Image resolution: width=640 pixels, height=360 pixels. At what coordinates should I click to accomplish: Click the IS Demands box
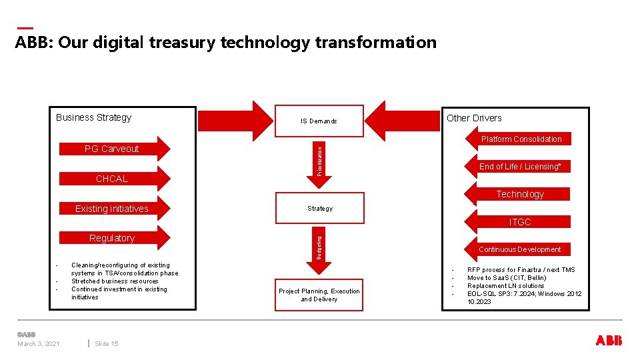pos(319,121)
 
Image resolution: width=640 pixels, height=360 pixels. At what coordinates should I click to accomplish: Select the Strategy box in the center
pos(320,208)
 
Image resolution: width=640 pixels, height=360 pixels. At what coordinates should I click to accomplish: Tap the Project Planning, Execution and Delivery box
pos(319,295)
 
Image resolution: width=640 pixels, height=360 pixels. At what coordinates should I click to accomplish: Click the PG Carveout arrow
pos(112,149)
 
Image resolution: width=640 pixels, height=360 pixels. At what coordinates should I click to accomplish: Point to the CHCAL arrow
pos(112,179)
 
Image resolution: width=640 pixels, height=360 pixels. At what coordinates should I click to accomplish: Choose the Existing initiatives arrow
pos(112,209)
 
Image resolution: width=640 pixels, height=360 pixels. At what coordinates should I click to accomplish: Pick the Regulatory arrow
pos(112,238)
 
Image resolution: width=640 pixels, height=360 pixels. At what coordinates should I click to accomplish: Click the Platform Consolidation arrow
pos(521,139)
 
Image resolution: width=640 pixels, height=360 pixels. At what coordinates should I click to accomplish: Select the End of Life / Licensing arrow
pos(520,167)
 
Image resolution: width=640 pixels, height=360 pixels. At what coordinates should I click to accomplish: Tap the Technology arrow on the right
pos(520,194)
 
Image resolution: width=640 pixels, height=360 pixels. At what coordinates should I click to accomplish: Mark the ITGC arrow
pos(520,222)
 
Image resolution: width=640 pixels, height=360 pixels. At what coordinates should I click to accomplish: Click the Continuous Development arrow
pos(520,249)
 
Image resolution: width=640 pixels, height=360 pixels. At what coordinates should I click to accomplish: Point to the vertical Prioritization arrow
pos(319,157)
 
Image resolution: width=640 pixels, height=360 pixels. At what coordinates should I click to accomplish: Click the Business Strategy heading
pos(94,117)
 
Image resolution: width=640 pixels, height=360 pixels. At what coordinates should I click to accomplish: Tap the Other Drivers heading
pos(474,118)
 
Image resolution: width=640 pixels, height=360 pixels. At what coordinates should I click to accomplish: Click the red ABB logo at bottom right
pos(609,341)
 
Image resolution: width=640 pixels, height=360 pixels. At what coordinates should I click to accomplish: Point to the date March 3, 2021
pos(39,344)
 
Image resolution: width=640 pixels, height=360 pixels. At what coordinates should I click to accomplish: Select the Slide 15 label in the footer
pos(107,344)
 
